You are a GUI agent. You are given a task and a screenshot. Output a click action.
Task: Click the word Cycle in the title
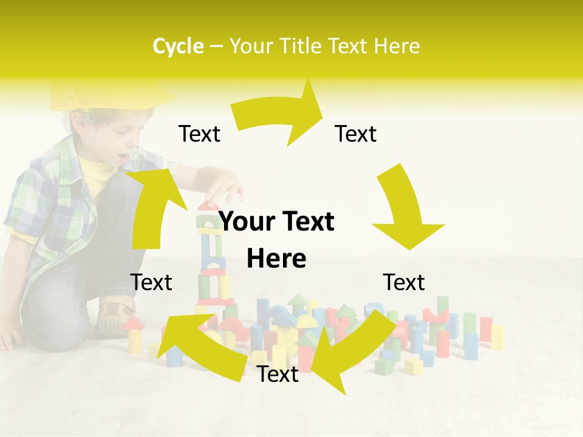[x=178, y=46]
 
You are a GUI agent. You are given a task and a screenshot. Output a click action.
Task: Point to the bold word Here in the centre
[x=276, y=259]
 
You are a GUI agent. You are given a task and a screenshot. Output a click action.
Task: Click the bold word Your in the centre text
[x=247, y=222]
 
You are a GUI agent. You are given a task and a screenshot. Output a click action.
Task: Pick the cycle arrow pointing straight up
[x=152, y=206]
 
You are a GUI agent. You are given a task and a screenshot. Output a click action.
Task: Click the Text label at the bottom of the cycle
[x=278, y=374]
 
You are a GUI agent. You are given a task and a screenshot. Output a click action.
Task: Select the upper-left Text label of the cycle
[x=199, y=134]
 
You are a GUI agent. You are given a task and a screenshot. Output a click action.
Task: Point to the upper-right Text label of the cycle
[x=356, y=134]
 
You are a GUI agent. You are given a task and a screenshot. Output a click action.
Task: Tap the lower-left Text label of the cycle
[x=151, y=282]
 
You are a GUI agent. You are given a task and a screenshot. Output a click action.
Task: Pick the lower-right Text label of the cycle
[x=404, y=282]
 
